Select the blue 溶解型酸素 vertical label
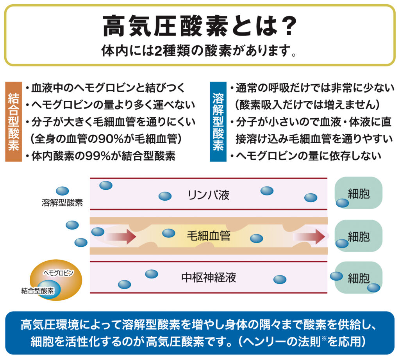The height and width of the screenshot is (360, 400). tap(218, 121)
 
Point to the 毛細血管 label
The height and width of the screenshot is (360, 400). tap(208, 236)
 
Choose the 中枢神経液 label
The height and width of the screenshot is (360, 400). tap(208, 277)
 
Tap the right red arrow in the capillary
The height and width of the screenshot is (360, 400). tap(311, 236)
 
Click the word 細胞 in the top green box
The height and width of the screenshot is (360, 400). tap(358, 194)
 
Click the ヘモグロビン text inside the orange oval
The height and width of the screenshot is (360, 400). tap(58, 272)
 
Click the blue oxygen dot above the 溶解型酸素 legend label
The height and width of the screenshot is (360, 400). tap(62, 191)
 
